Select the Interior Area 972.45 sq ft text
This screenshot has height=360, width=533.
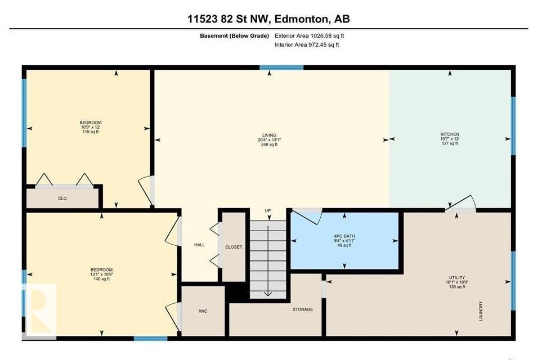(307, 45)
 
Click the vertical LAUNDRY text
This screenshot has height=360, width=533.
(481, 311)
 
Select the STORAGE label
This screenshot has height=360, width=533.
(302, 309)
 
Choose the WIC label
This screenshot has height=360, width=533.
(203, 310)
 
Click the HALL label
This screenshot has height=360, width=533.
(199, 245)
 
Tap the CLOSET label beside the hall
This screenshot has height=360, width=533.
(233, 246)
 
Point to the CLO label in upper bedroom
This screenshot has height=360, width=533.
(62, 198)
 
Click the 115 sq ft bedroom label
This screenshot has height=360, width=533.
(90, 127)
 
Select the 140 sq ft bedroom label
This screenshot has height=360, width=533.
(102, 274)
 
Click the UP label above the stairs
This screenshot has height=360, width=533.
(268, 210)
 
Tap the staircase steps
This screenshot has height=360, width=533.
(268, 256)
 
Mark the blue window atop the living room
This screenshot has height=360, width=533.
(281, 67)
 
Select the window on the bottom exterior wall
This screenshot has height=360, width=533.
(150, 338)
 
